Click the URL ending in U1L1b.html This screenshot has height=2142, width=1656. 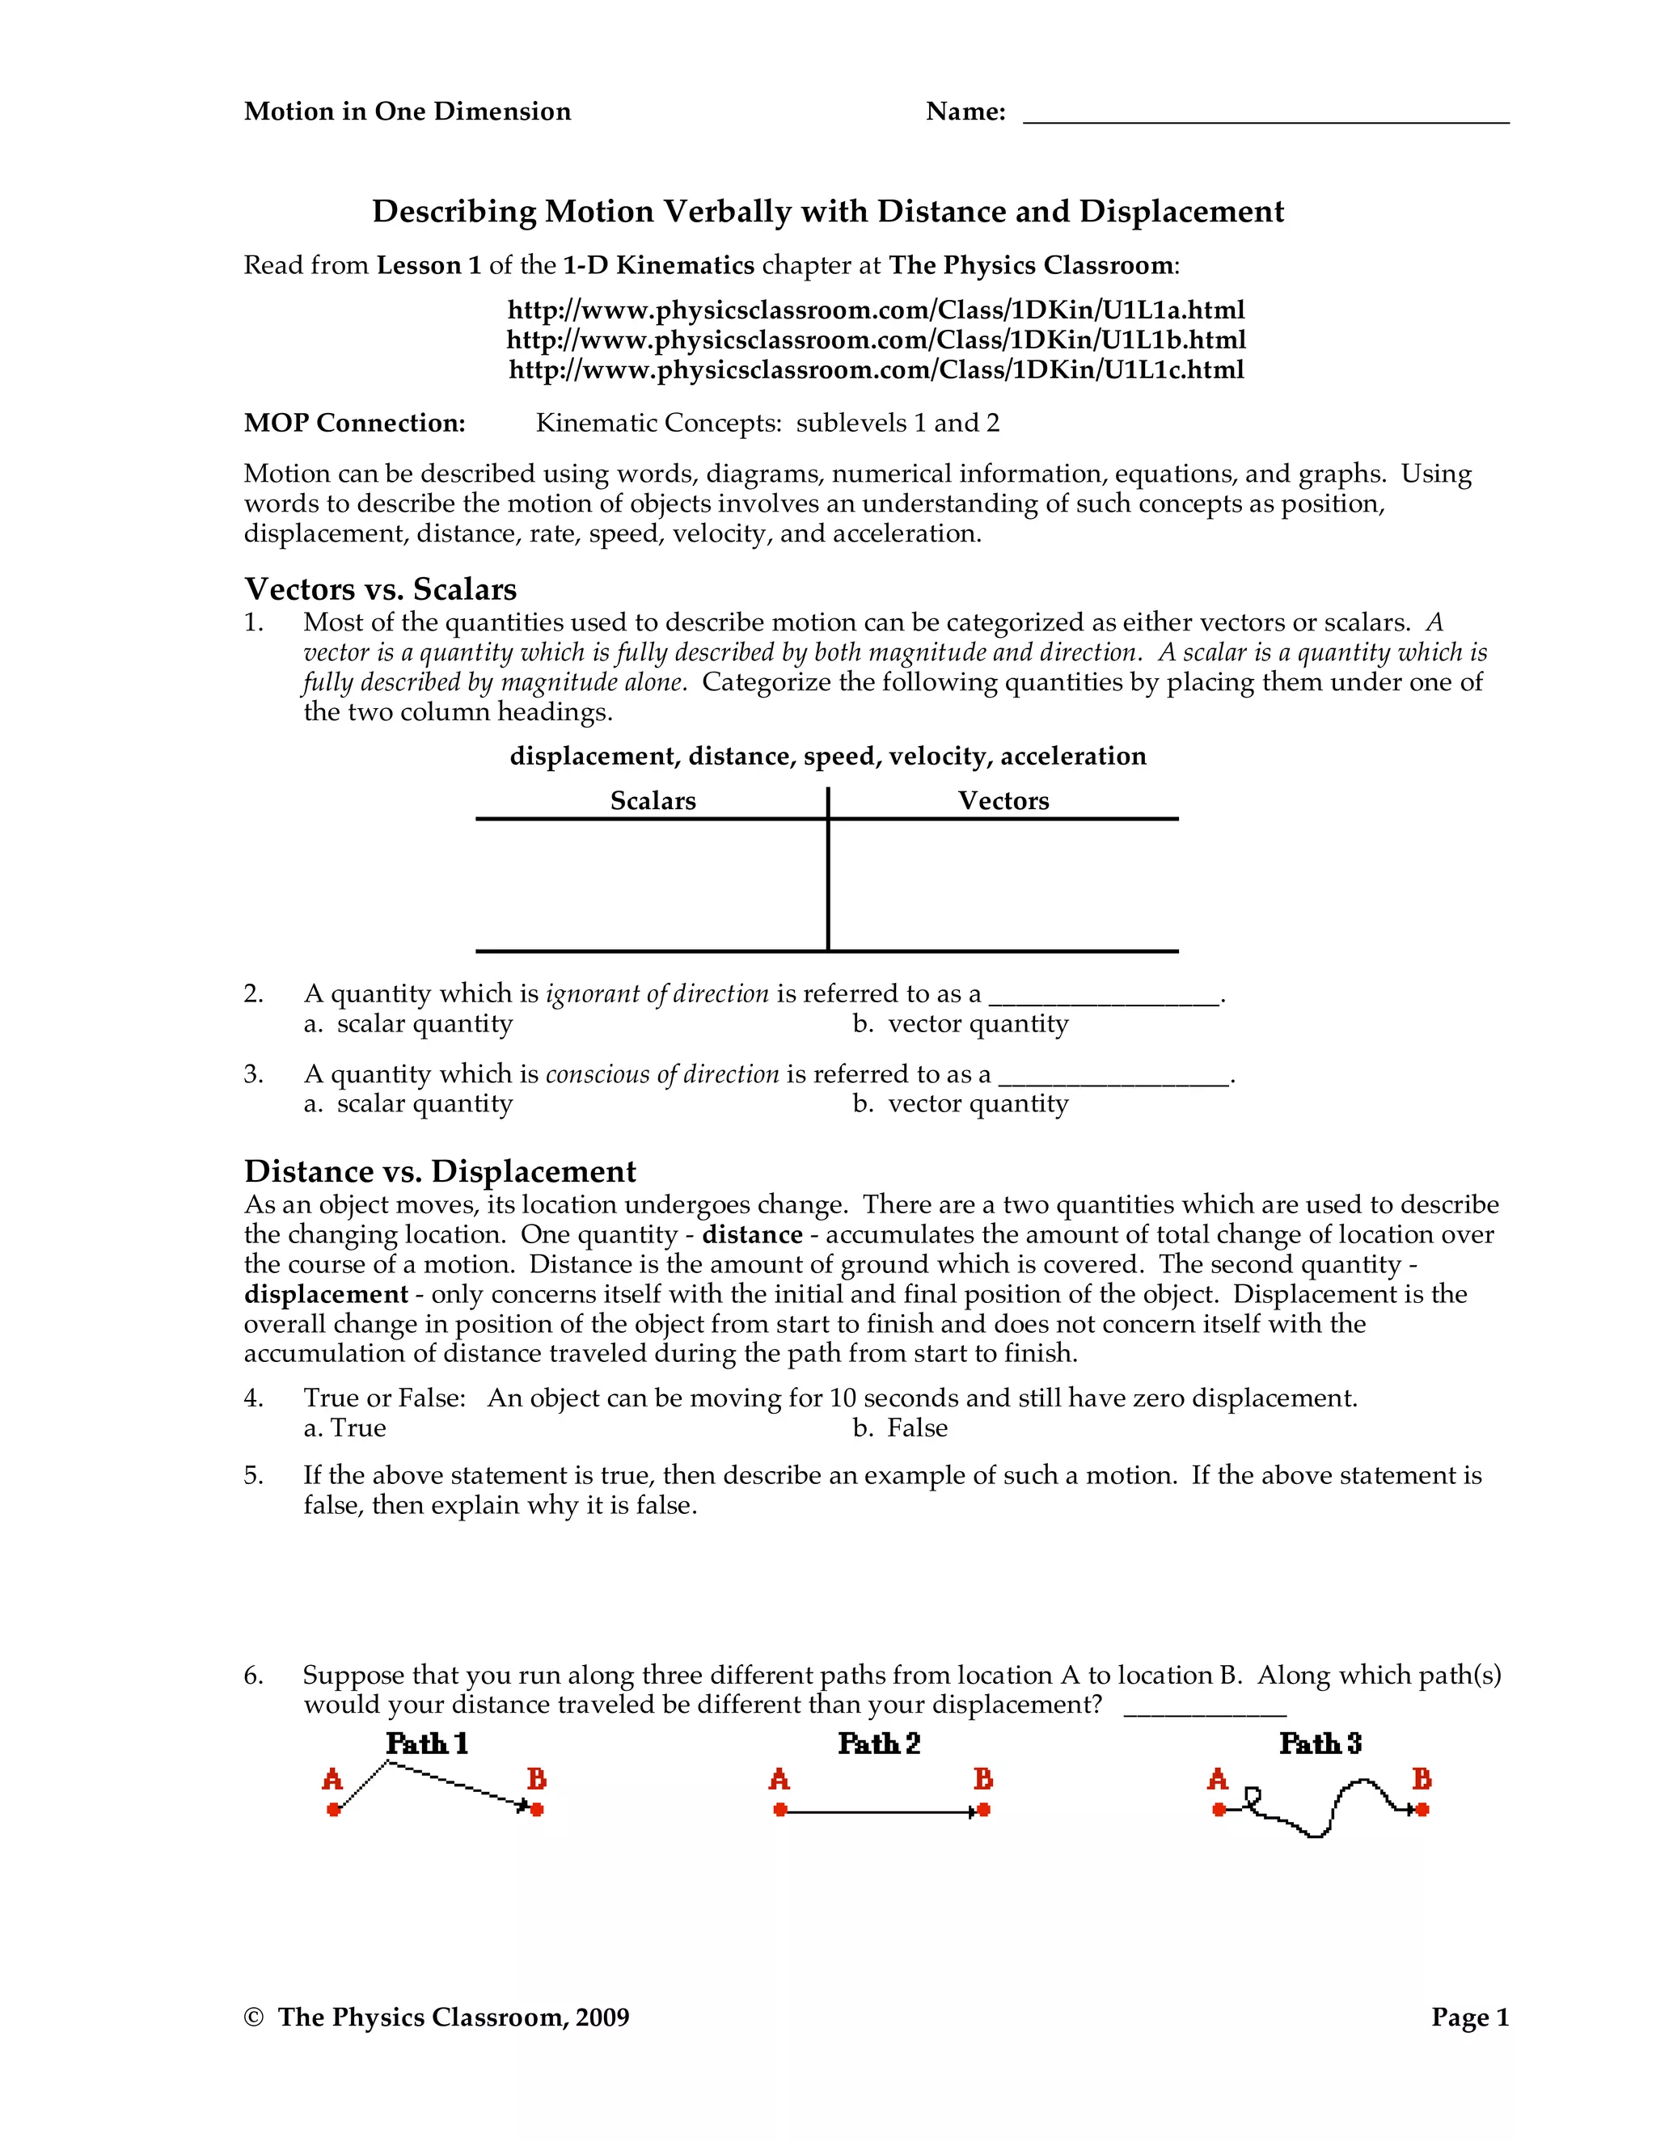pyautogui.click(x=876, y=340)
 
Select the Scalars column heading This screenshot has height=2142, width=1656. pyautogui.click(x=653, y=801)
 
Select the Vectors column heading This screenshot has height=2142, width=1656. pyautogui.click(x=1003, y=801)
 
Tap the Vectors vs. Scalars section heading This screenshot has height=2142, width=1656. pyautogui.click(x=380, y=589)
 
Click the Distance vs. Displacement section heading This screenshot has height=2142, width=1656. pyautogui.click(x=440, y=1171)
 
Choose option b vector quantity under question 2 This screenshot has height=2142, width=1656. pyautogui.click(x=961, y=1024)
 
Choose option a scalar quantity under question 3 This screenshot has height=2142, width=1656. pyautogui.click(x=408, y=1104)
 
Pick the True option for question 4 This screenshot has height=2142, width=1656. pyautogui.click(x=345, y=1428)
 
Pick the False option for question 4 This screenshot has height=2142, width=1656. pyautogui.click(x=901, y=1428)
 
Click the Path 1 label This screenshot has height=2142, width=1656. pyautogui.click(x=427, y=1744)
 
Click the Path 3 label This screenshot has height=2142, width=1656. pyautogui.click(x=1320, y=1744)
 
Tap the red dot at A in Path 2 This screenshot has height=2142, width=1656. pyautogui.click(x=780, y=1810)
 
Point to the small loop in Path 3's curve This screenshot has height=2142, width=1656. pyautogui.click(x=1252, y=1796)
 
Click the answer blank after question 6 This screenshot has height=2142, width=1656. pyautogui.click(x=1204, y=1710)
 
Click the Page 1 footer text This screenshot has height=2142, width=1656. pyautogui.click(x=1468, y=2018)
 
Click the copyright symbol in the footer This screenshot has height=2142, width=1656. pyautogui.click(x=254, y=2018)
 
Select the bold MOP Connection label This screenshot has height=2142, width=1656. pyautogui.click(x=354, y=424)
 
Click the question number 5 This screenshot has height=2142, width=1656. pyautogui.click(x=253, y=1476)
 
